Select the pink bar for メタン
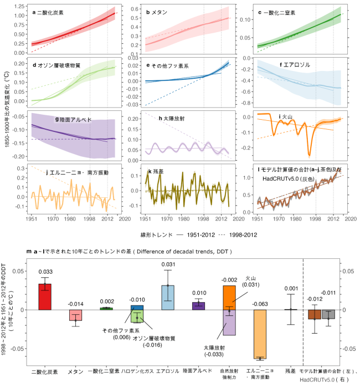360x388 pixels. pos(75,315)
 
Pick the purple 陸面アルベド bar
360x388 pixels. pos(198,305)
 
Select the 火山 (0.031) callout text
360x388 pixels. pos(251,281)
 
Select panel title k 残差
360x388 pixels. pos(157,172)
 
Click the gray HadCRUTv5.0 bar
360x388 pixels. pos(329,314)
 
